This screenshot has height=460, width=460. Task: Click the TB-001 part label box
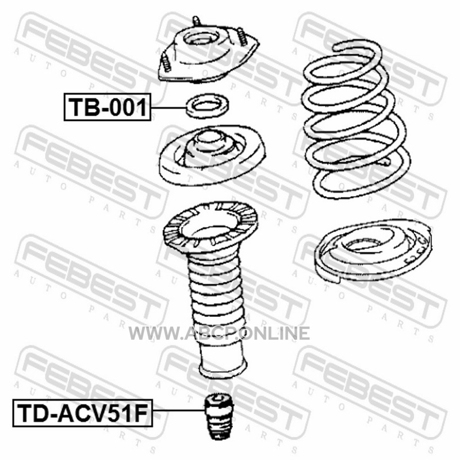click(x=108, y=107)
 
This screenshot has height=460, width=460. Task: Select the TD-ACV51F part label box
click(x=82, y=413)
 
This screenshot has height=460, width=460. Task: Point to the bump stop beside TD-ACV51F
click(x=219, y=416)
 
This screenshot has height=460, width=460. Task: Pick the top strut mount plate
click(x=208, y=56)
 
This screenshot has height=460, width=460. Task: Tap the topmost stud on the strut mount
click(x=197, y=22)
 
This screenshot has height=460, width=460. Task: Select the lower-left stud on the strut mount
click(x=166, y=62)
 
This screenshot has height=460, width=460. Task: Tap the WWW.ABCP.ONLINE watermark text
click(x=219, y=333)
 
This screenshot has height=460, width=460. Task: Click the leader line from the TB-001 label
click(x=169, y=108)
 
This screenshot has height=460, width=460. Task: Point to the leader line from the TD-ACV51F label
click(x=178, y=410)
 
